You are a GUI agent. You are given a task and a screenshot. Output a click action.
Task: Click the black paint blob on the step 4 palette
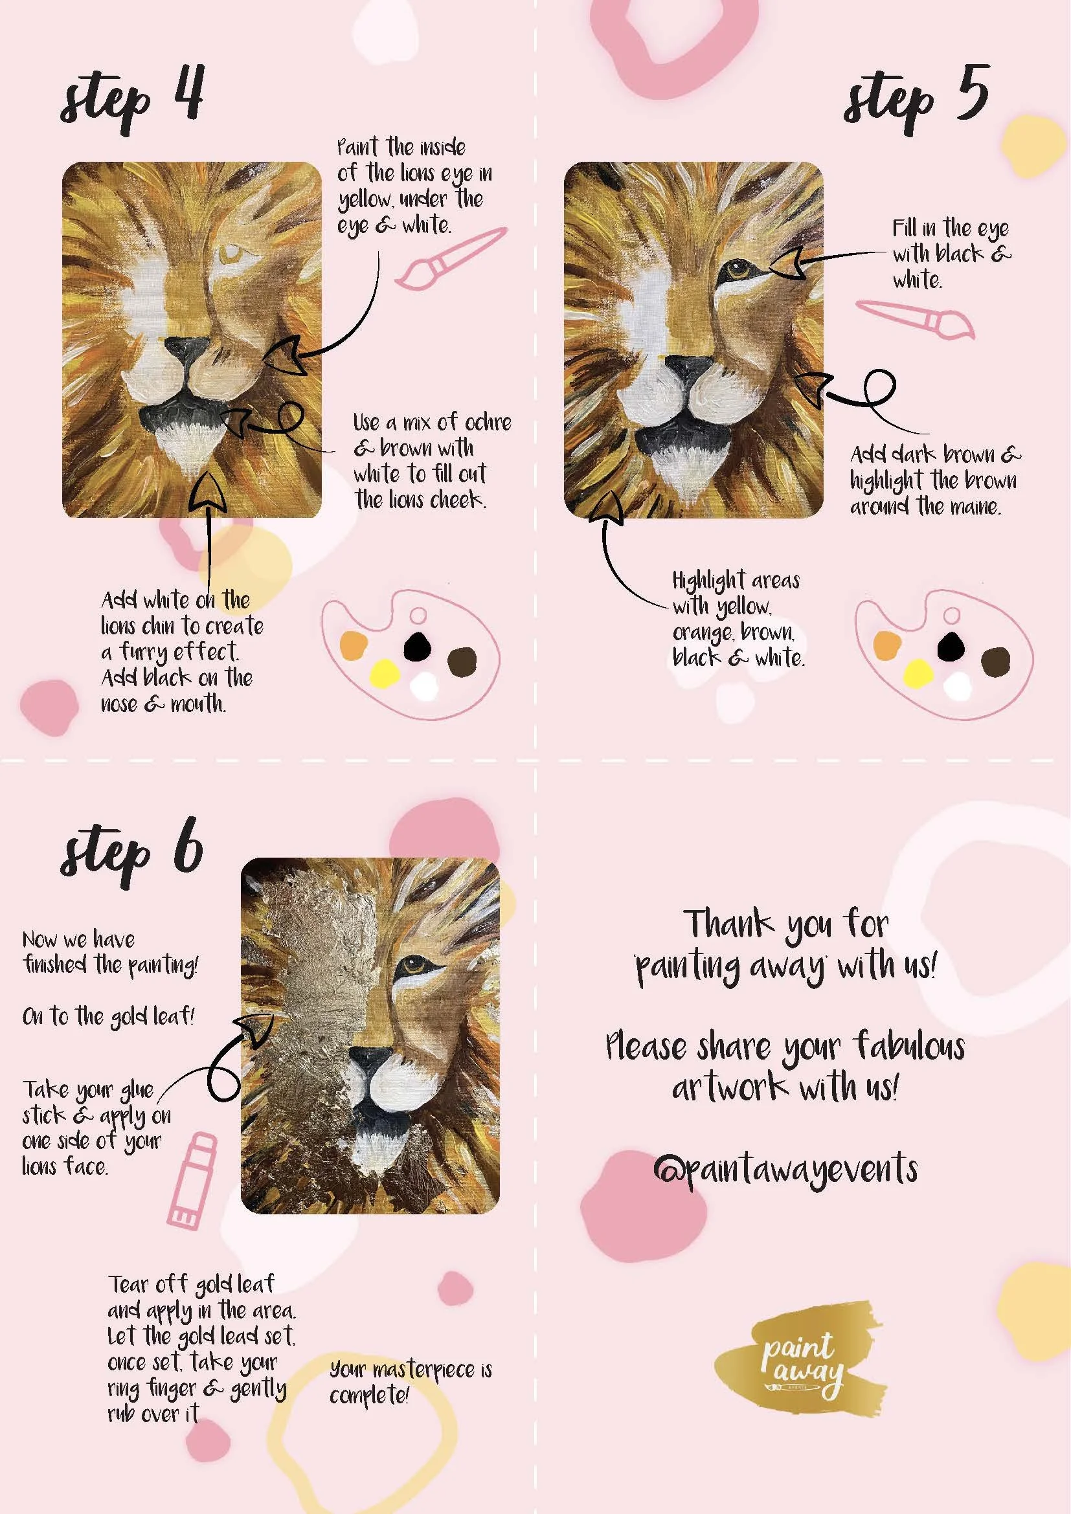click(x=417, y=646)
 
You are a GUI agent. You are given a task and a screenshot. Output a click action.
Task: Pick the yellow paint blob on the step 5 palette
click(x=918, y=673)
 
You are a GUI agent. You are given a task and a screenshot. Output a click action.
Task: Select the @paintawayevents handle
click(x=785, y=1169)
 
